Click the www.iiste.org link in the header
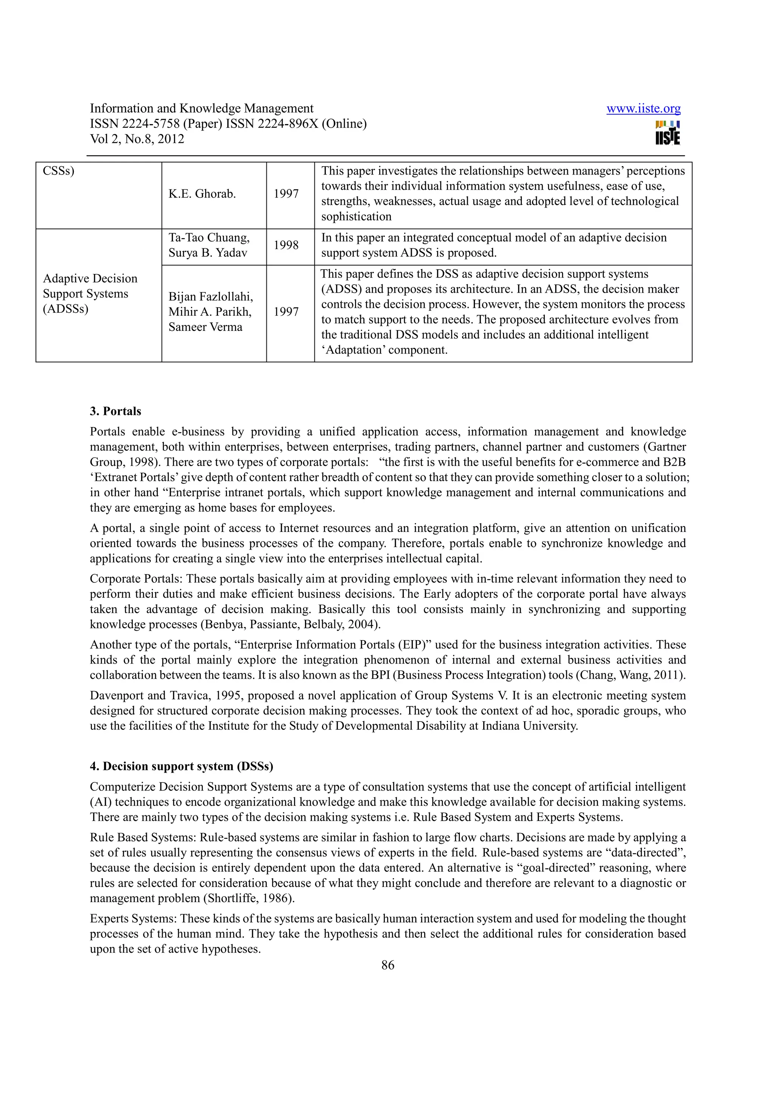tap(643, 109)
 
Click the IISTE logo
tap(667, 133)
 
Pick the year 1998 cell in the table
tap(286, 245)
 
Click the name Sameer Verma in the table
tap(205, 327)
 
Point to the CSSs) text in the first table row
tap(58, 171)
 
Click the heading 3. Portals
tap(115, 411)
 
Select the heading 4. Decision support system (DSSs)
tap(182, 767)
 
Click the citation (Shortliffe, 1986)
tap(249, 898)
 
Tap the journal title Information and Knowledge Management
tap(202, 109)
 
